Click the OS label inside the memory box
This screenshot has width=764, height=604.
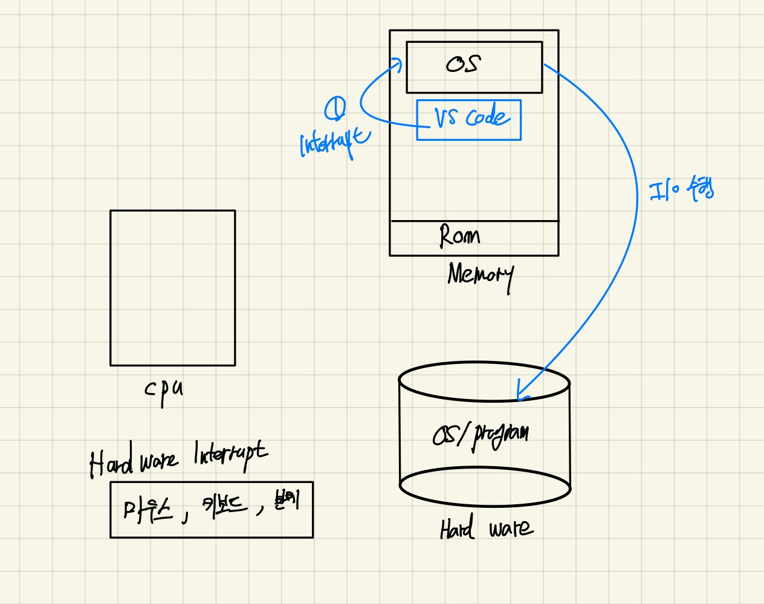pos(464,64)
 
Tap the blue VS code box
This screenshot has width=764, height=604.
pos(468,120)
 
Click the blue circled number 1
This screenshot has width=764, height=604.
pos(335,109)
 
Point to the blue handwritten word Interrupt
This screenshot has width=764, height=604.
pos(334,143)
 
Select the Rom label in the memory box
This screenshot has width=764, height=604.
pos(459,236)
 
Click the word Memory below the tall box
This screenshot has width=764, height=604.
pos(481,276)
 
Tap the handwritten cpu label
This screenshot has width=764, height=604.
pos(163,390)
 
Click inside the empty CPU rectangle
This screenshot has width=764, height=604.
pos(172,288)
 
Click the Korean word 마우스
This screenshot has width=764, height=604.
pos(148,510)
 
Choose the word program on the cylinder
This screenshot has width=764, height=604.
pos(501,434)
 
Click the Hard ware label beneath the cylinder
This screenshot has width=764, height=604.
pos(487,529)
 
